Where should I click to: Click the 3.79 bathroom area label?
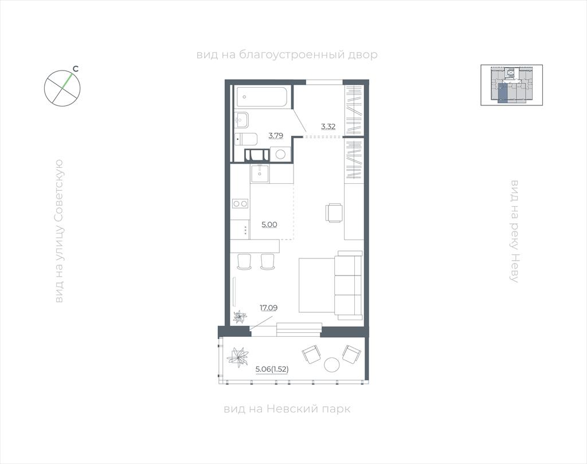[276, 135]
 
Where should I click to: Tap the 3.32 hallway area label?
[328, 127]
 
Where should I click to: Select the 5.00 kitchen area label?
[269, 225]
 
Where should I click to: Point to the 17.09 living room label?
[269, 308]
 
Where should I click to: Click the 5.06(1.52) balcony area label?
[272, 369]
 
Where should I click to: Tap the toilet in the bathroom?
[246, 140]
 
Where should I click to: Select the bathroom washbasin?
[242, 119]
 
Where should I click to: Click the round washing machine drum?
[280, 154]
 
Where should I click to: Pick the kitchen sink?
[260, 174]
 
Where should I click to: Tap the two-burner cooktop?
[240, 204]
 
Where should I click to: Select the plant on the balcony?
[237, 357]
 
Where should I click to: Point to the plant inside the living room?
[239, 317]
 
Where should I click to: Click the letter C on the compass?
[76, 69]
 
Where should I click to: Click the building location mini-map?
[511, 85]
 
